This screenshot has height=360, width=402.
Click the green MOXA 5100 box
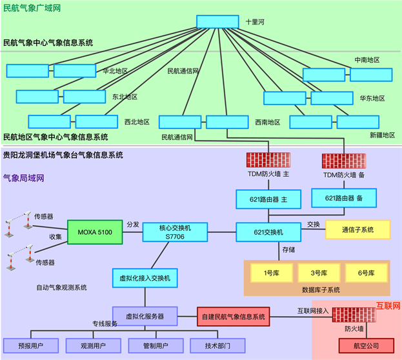[95, 232]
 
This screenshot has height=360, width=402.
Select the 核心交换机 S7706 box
[175, 232]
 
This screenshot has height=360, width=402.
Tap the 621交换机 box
[268, 232]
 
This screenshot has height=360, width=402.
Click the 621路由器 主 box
[268, 199]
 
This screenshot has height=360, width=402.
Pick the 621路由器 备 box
[344, 198]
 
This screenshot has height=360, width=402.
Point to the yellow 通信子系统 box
[358, 230]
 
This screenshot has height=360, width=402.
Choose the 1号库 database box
[272, 273]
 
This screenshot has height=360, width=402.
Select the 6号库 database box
[366, 273]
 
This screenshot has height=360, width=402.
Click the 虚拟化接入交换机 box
[145, 278]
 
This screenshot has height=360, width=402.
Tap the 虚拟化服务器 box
[145, 316]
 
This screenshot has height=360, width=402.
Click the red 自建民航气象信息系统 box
[234, 317]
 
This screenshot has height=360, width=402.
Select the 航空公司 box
[366, 346]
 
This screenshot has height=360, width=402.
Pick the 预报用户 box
[31, 346]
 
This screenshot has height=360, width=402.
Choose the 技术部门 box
[217, 346]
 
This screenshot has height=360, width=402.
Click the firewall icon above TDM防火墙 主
[268, 160]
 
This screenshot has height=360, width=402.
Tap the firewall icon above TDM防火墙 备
[344, 161]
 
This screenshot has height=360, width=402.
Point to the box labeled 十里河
[217, 21]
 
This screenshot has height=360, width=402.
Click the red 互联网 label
[388, 306]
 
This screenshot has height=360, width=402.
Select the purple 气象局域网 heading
[24, 178]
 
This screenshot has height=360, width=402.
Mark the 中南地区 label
[367, 60]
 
